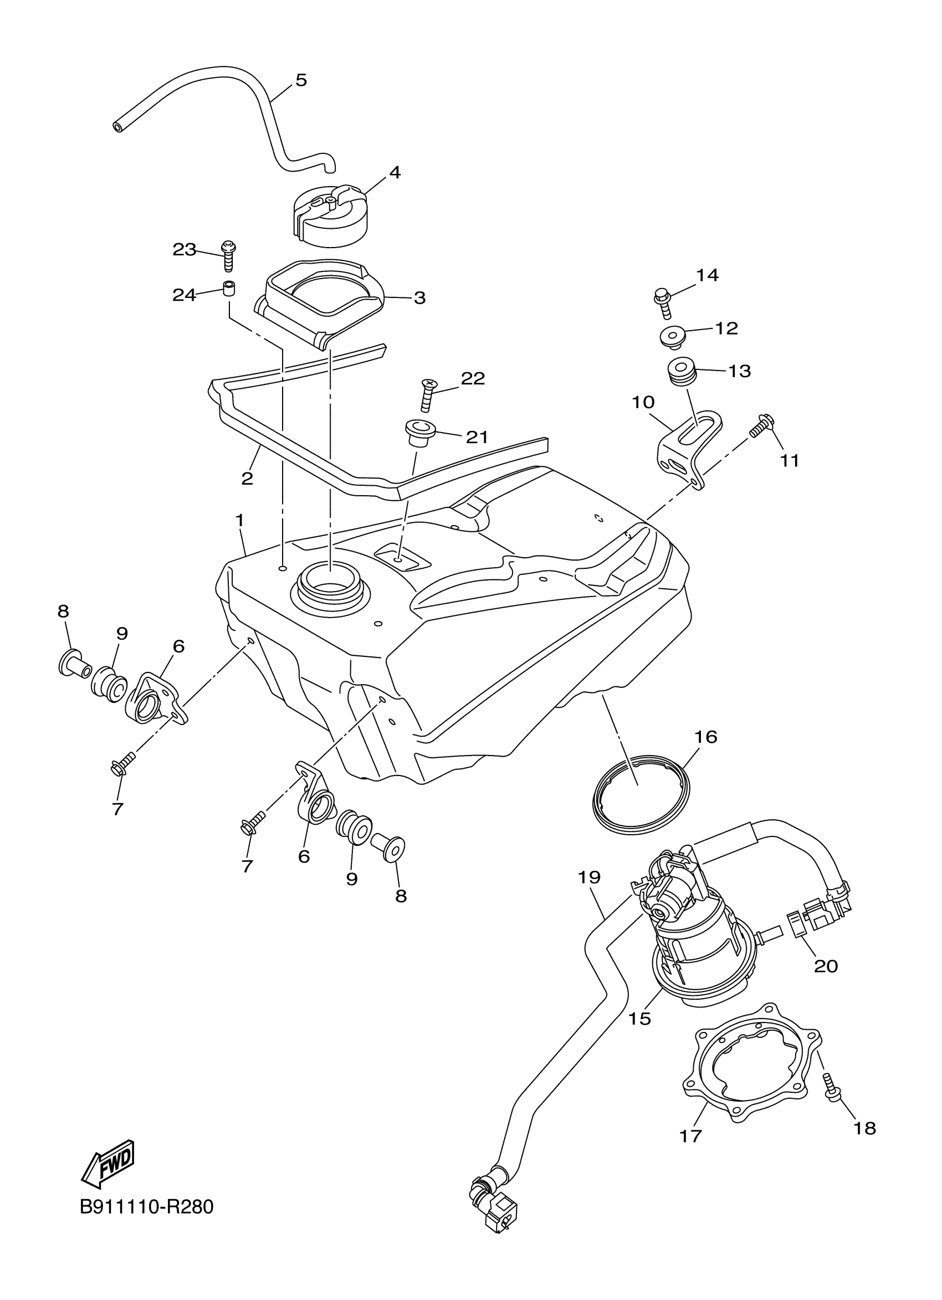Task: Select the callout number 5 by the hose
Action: pyautogui.click(x=301, y=80)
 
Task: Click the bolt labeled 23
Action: pyautogui.click(x=229, y=256)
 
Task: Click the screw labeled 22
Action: pyautogui.click(x=427, y=394)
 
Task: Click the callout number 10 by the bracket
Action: pyautogui.click(x=643, y=402)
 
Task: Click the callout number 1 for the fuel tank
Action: pyautogui.click(x=240, y=521)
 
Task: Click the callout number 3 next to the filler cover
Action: pyautogui.click(x=419, y=298)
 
